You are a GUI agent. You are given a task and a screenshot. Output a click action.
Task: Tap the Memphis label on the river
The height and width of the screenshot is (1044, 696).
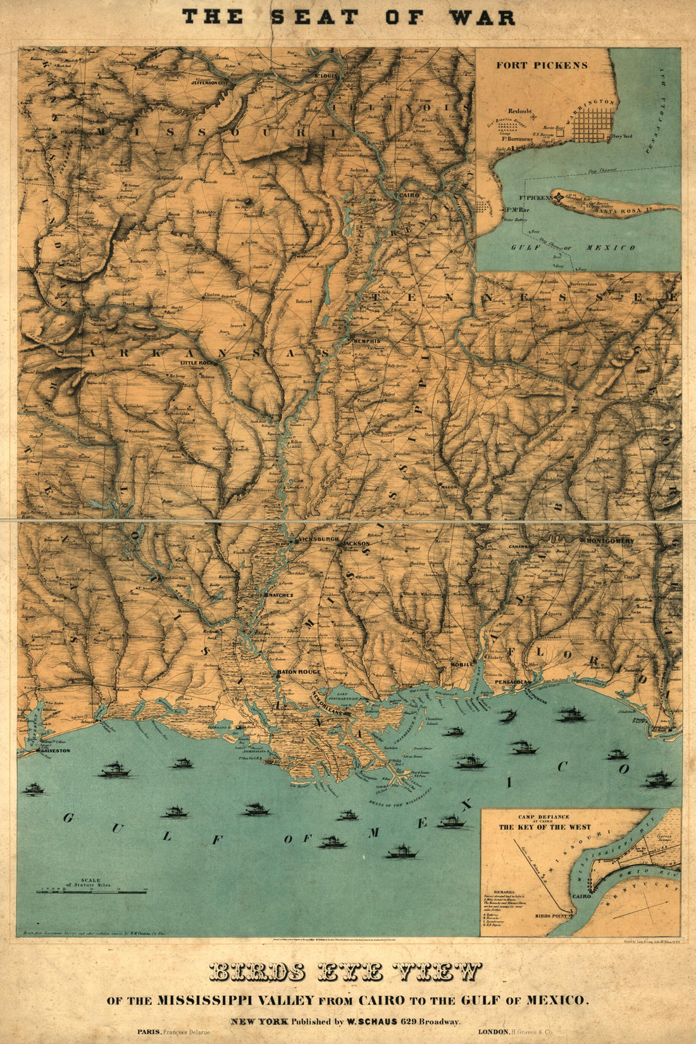click(366, 341)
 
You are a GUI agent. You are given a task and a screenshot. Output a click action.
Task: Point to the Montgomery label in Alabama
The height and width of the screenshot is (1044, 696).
click(609, 541)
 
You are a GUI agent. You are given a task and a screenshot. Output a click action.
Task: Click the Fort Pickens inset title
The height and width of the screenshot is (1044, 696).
click(542, 65)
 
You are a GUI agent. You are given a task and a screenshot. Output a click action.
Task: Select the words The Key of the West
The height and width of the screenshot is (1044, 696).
click(545, 827)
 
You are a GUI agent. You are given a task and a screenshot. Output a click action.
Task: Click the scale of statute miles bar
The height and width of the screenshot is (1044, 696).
click(92, 892)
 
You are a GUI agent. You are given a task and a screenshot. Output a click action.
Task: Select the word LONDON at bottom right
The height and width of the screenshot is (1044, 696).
click(492, 1031)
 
